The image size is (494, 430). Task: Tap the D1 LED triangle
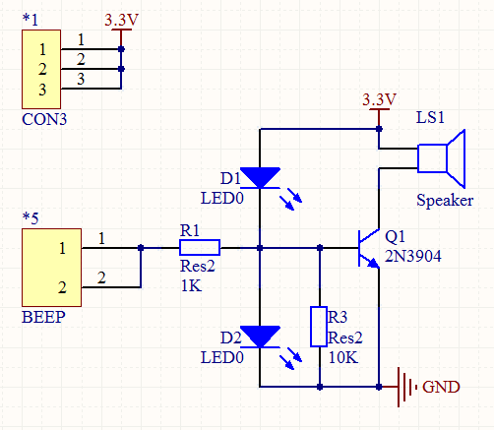click(x=260, y=178)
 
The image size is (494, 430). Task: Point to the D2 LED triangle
click(x=260, y=337)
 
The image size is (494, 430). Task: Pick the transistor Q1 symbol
click(x=369, y=248)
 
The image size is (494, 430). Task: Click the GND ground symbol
click(x=406, y=387)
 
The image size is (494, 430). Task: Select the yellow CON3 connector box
click(x=41, y=69)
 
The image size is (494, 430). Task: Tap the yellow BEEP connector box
click(x=51, y=268)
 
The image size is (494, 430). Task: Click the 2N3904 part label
click(x=412, y=256)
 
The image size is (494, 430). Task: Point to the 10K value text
click(x=343, y=357)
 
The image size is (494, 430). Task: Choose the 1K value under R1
click(x=191, y=285)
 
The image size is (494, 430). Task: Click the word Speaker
click(x=445, y=200)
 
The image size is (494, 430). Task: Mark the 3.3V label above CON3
click(x=121, y=20)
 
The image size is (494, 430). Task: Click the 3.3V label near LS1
click(x=379, y=99)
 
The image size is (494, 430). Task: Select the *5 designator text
click(x=31, y=218)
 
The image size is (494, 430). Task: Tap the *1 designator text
click(x=31, y=20)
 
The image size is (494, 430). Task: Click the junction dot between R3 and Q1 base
click(x=320, y=248)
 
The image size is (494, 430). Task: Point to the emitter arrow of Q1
click(x=373, y=263)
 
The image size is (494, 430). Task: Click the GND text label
click(x=441, y=387)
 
